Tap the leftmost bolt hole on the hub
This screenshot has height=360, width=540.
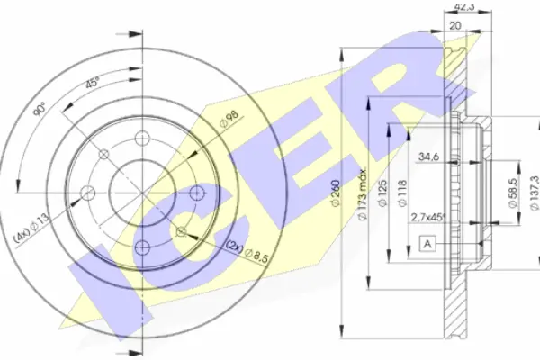click(87, 192)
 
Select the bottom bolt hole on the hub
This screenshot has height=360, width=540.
click(142, 247)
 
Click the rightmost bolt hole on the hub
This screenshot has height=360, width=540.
click(196, 193)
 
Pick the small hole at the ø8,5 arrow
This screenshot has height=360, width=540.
click(181, 231)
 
